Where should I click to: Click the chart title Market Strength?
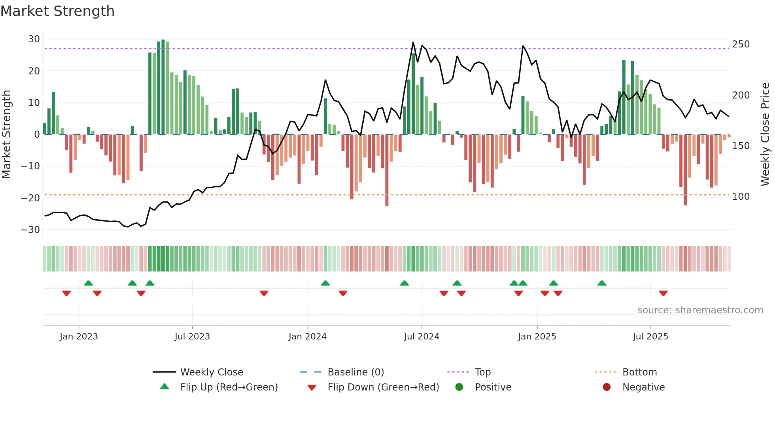[57, 11]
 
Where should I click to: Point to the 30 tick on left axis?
[34, 39]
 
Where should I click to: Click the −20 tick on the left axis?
[30, 198]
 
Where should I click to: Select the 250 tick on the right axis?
[741, 44]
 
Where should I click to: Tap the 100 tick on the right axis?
[741, 197]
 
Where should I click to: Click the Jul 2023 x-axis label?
[192, 337]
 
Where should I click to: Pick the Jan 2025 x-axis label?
[537, 337]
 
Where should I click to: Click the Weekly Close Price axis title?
[765, 135]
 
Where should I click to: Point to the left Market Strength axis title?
[6, 135]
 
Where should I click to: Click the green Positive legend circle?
[459, 387]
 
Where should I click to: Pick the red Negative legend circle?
[607, 387]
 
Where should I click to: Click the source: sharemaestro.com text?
[700, 310]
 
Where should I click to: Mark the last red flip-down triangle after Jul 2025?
[663, 293]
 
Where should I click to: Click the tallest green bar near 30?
[163, 87]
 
